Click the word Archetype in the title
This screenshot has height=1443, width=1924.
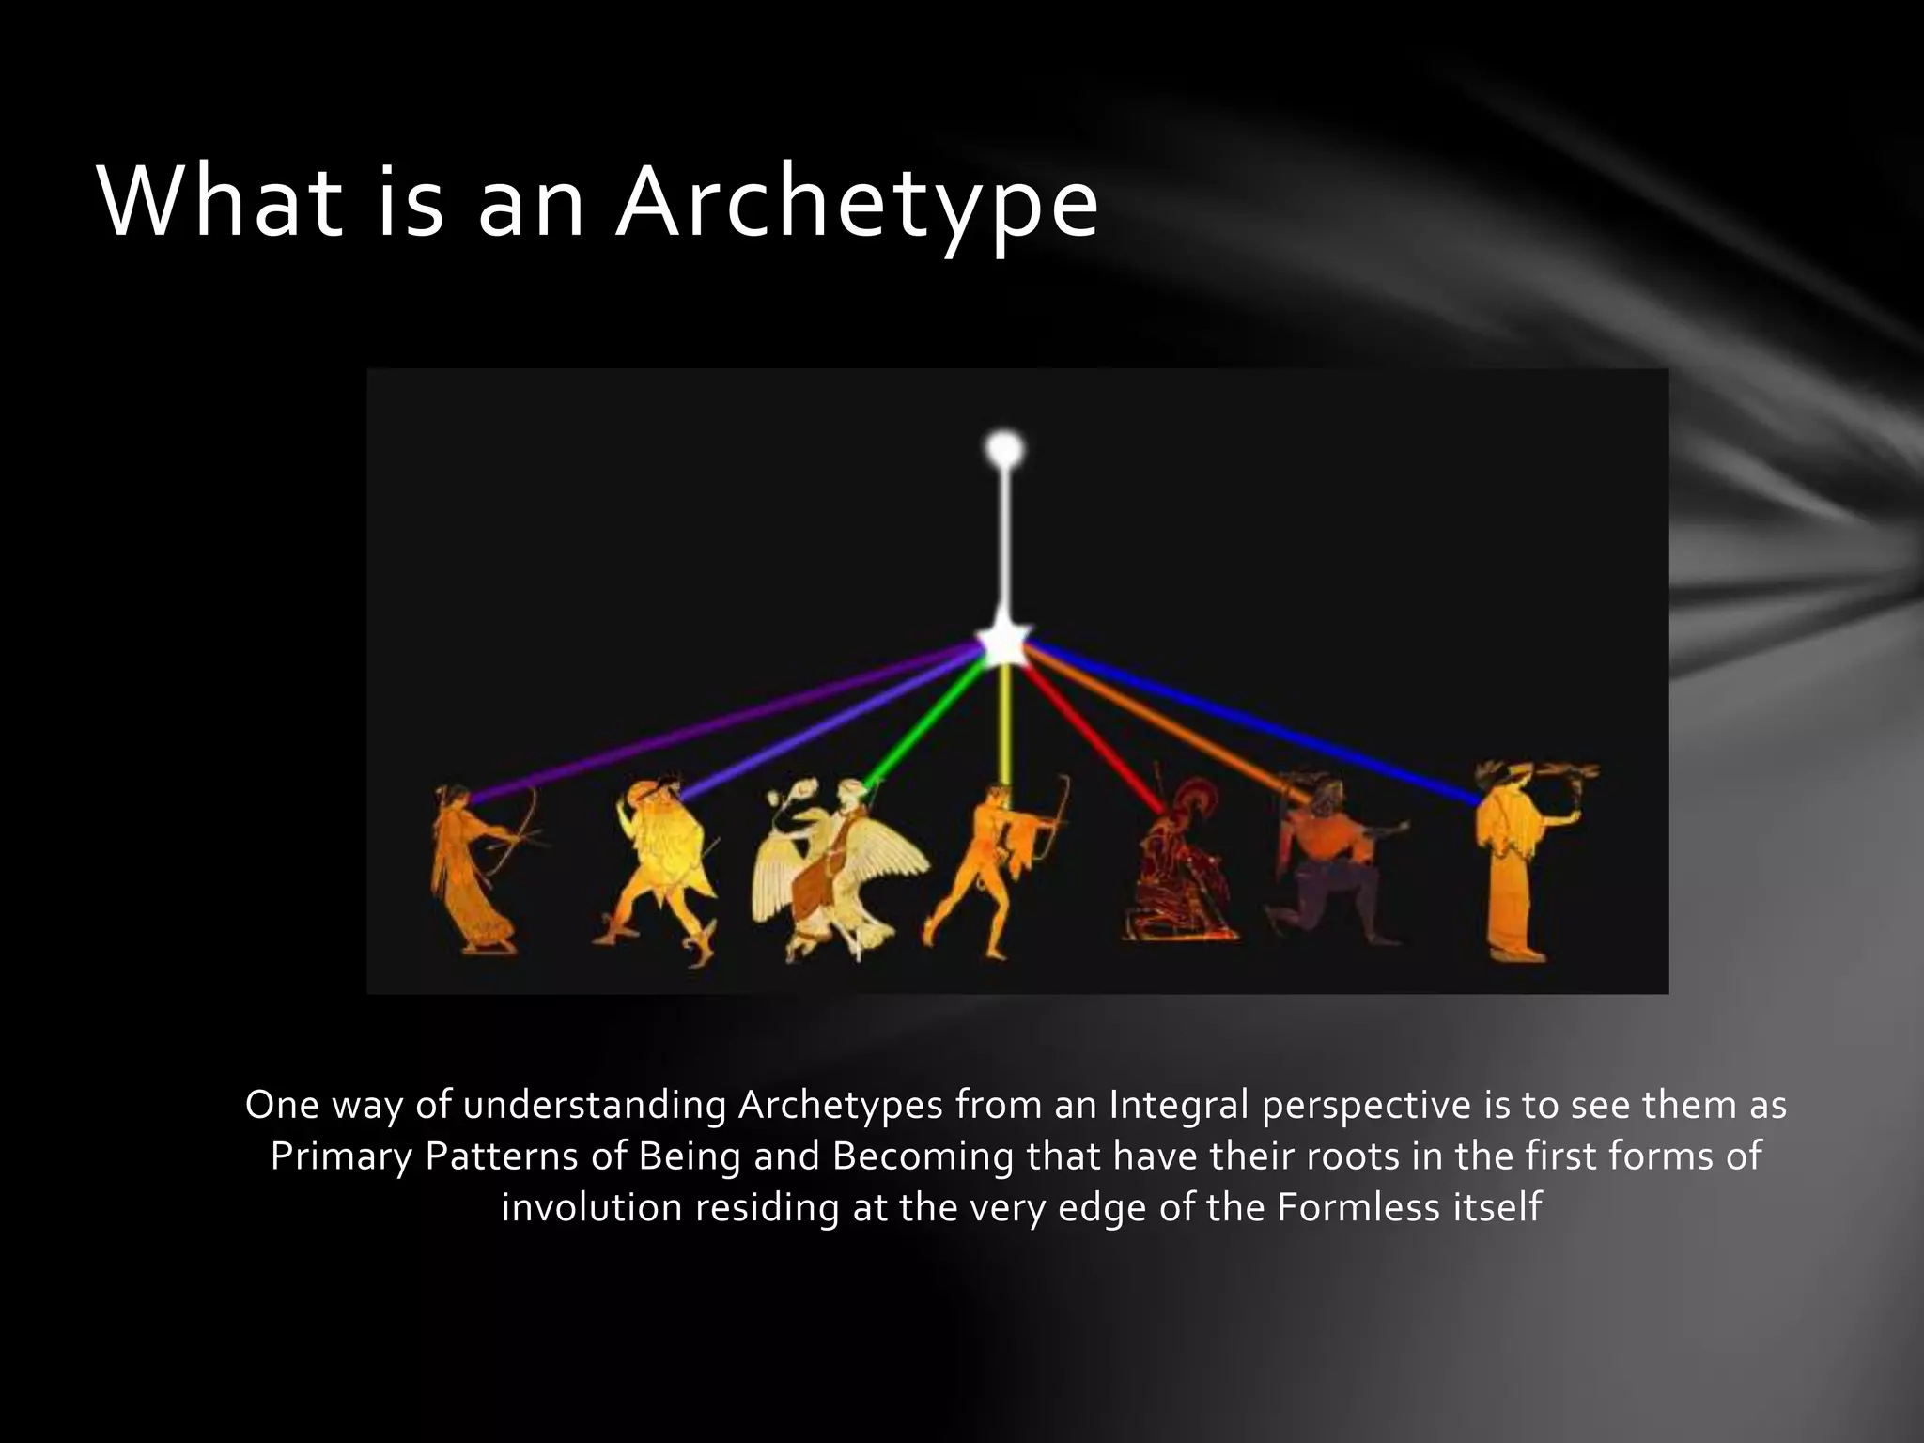(x=856, y=205)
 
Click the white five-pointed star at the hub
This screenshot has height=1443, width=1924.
(x=1003, y=644)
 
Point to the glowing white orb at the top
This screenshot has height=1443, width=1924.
(x=1004, y=448)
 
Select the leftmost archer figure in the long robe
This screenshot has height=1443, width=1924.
(x=474, y=869)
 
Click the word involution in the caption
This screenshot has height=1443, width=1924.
(x=592, y=1207)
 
